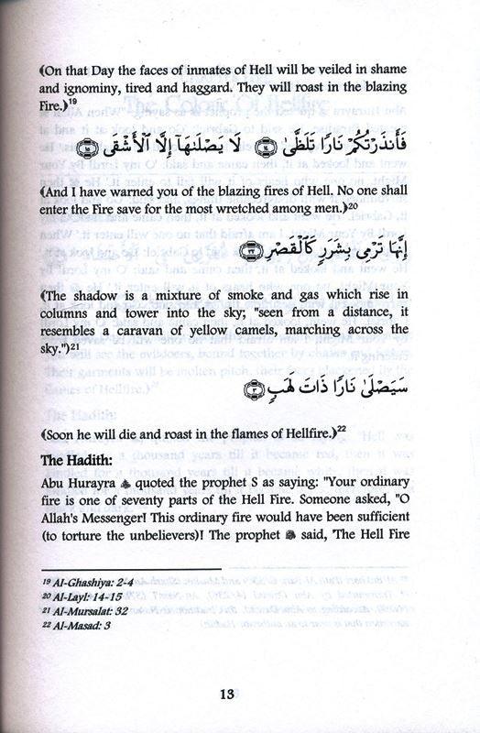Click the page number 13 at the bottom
click(240, 694)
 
